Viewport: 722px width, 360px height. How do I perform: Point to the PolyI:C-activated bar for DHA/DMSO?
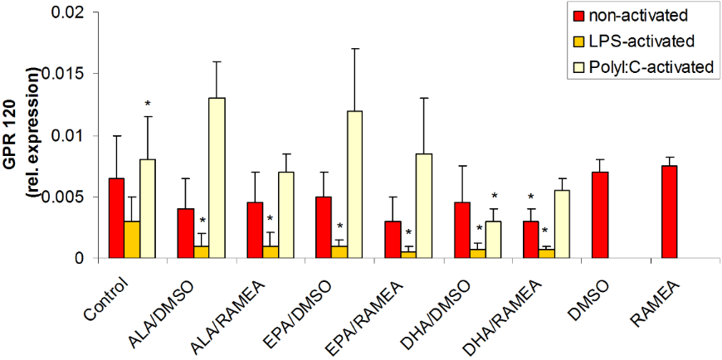(x=493, y=240)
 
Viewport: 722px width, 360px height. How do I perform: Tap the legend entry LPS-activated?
(x=638, y=41)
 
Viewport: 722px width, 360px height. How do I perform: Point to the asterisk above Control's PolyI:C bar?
(x=147, y=105)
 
